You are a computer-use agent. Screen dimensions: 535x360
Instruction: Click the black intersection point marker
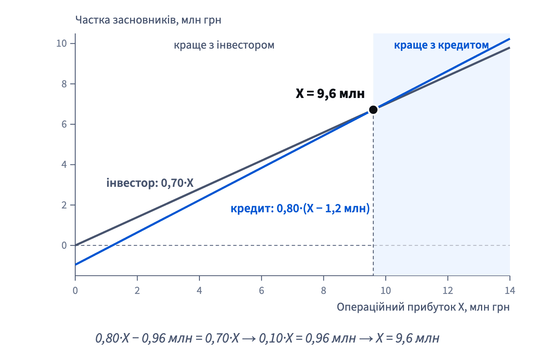(x=373, y=110)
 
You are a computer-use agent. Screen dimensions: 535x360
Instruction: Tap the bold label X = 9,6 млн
(x=330, y=93)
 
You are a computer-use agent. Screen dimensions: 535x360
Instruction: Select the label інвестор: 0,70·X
(x=150, y=183)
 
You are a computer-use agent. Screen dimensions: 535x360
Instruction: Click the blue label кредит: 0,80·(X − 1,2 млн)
(x=300, y=208)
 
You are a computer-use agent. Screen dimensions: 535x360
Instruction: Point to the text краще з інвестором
(x=224, y=45)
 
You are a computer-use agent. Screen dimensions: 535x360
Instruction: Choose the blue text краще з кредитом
(x=442, y=45)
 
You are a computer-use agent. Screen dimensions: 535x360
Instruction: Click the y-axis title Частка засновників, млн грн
(x=148, y=20)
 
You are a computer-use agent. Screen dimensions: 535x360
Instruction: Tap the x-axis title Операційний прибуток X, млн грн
(x=423, y=307)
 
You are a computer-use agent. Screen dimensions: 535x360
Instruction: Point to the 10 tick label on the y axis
(x=62, y=43)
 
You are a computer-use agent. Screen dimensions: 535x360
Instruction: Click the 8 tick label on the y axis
(x=64, y=84)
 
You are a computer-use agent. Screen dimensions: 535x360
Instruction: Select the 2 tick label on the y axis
(x=64, y=205)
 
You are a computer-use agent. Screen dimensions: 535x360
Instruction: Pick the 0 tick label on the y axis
(x=64, y=245)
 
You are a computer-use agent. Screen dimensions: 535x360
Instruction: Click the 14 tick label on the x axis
(x=510, y=291)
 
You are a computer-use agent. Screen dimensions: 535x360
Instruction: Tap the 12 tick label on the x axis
(x=448, y=291)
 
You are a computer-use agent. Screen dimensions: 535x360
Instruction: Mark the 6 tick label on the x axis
(x=261, y=291)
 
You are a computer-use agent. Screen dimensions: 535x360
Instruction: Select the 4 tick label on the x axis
(x=199, y=291)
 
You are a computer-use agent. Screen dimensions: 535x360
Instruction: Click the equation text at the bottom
(x=267, y=338)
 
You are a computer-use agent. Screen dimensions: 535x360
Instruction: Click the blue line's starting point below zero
(x=76, y=265)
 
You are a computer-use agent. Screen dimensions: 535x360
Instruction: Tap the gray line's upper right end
(x=510, y=48)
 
